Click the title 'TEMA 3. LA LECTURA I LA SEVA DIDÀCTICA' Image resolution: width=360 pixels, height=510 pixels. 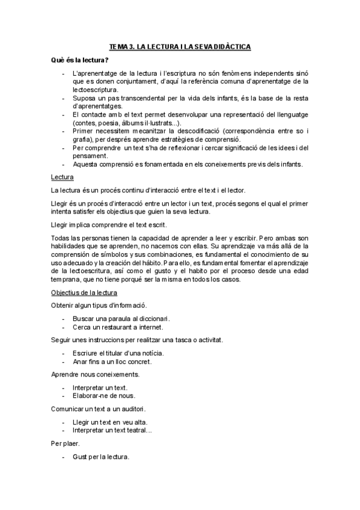(x=180, y=46)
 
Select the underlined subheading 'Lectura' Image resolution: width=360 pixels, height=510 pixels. (x=63, y=177)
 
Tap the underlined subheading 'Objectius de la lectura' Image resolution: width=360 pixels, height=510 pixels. (x=84, y=292)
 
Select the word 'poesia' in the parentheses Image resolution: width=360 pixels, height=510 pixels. (x=109, y=122)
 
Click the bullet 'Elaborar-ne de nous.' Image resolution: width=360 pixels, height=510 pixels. (x=103, y=396)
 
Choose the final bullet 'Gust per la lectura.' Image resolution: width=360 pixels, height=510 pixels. (x=100, y=456)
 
